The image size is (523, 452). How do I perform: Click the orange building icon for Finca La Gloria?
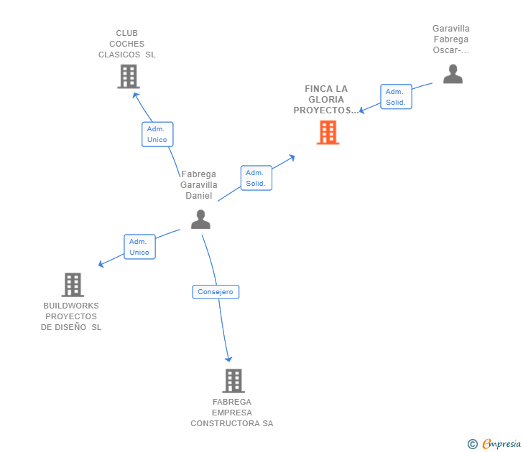pyautogui.click(x=328, y=133)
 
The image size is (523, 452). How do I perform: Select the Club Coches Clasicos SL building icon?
pyautogui.click(x=128, y=76)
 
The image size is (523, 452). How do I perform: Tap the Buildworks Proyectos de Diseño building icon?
pyautogui.click(x=73, y=285)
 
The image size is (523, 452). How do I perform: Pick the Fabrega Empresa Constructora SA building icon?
pyautogui.click(x=233, y=380)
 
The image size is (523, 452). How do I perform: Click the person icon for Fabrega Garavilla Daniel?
pyautogui.click(x=200, y=220)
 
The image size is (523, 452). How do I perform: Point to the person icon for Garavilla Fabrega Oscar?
pyautogui.click(x=453, y=74)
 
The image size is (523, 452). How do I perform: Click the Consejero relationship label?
pyautogui.click(x=216, y=292)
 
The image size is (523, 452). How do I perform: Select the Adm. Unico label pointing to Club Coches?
pyautogui.click(x=157, y=134)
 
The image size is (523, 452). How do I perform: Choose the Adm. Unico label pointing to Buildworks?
pyautogui.click(x=139, y=247)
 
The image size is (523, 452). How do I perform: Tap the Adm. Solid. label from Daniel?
pyautogui.click(x=256, y=178)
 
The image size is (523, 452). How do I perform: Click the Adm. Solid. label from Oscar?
pyautogui.click(x=396, y=97)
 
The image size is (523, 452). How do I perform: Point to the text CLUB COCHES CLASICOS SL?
pyautogui.click(x=127, y=44)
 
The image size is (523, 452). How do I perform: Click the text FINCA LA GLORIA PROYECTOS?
pyautogui.click(x=325, y=100)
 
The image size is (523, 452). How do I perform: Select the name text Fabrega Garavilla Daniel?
pyautogui.click(x=199, y=185)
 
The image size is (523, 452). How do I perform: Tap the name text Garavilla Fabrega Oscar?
pyautogui.click(x=451, y=39)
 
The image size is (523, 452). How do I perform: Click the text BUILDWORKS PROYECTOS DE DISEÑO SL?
pyautogui.click(x=71, y=316)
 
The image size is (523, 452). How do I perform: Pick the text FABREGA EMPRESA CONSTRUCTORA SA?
pyautogui.click(x=232, y=413)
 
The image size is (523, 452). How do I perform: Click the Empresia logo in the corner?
pyautogui.click(x=501, y=444)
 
